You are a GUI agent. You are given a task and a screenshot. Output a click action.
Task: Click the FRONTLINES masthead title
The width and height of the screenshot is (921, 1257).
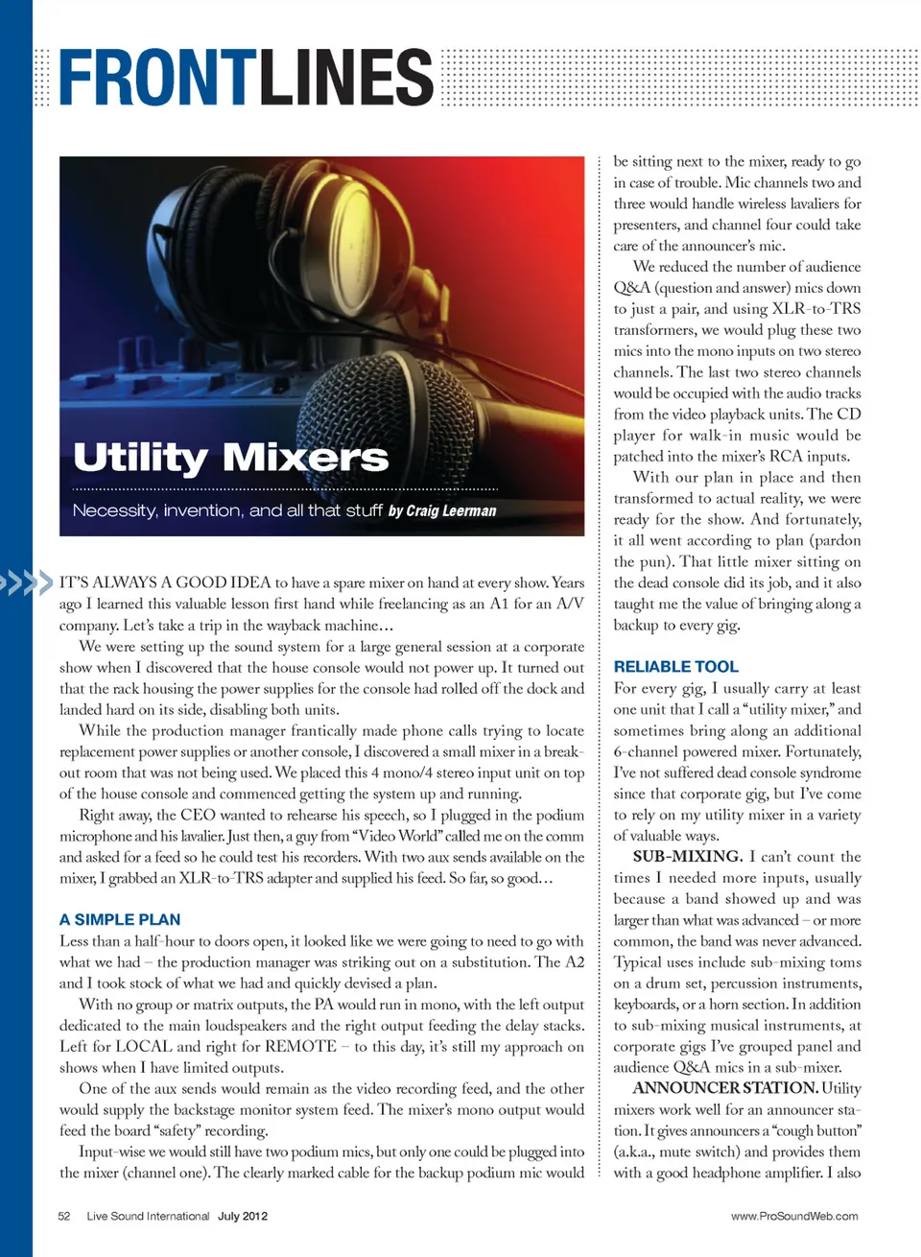246,78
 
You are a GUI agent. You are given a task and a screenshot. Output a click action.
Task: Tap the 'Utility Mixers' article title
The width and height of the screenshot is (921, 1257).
231,458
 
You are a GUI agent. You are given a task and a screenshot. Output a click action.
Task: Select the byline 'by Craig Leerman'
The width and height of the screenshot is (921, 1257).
442,510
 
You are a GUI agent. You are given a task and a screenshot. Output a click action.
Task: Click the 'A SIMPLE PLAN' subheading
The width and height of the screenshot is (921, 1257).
120,919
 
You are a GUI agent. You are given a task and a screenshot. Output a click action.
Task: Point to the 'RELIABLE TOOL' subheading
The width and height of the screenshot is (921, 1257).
675,667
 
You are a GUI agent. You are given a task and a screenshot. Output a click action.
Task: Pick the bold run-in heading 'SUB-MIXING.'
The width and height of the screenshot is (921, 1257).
687,856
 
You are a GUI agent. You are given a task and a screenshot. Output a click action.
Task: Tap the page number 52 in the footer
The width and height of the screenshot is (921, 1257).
64,1216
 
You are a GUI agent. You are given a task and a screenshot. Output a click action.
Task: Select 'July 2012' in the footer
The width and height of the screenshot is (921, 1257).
243,1216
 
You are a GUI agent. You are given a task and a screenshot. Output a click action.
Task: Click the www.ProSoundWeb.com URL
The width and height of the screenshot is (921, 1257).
794,1216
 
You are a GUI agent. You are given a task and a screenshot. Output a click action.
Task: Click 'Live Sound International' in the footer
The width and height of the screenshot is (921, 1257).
148,1216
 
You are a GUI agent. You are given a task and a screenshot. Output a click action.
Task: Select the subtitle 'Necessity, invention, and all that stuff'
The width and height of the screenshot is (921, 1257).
227,510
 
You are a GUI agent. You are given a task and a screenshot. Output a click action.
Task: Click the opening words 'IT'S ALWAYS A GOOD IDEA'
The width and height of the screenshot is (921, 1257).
165,582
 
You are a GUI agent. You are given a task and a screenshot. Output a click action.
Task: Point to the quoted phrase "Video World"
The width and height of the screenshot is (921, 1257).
395,836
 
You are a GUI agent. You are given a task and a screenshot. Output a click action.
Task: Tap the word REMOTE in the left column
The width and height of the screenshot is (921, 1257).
300,1046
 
